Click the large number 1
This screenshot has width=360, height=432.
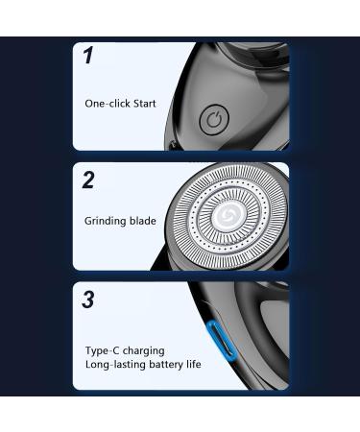88,55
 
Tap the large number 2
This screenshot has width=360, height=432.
88,180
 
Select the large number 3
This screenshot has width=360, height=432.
88,300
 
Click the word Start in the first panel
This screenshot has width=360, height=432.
144,104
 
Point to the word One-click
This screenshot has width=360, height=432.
108,104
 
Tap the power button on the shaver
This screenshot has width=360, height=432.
214,120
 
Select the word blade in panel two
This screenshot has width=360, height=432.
143,221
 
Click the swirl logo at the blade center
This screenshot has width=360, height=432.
228,214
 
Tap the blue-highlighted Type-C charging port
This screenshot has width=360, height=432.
222,342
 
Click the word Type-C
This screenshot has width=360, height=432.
103,351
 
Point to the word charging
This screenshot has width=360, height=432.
144,351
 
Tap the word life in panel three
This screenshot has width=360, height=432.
194,364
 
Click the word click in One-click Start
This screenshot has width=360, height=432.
120,104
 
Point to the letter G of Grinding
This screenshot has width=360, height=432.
88,221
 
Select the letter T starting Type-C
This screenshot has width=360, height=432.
88,350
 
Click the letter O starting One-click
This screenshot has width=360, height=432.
89,104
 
